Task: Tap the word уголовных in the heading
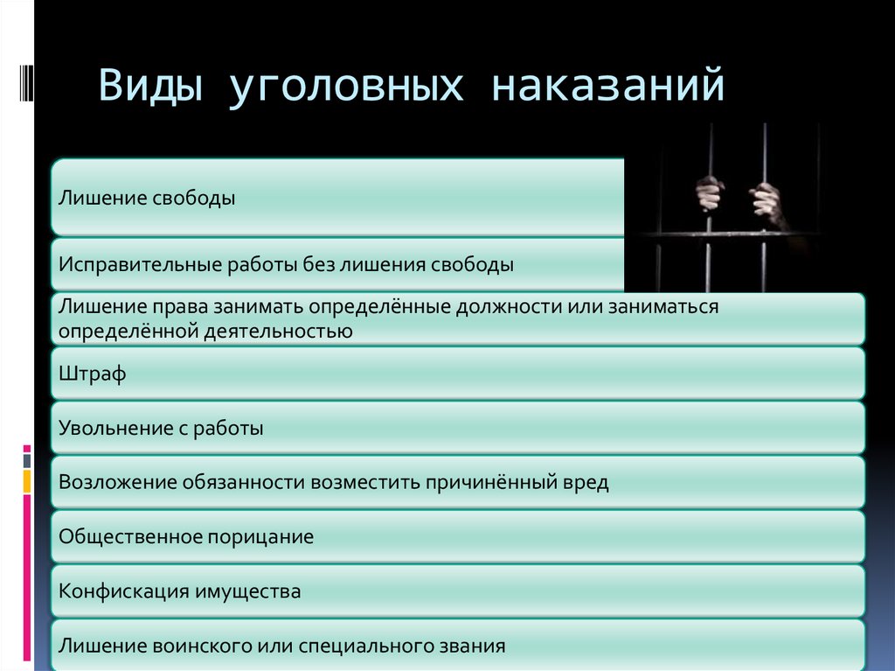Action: (346, 87)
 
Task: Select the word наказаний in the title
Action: (608, 85)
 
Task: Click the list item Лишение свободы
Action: (147, 198)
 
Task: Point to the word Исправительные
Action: (141, 264)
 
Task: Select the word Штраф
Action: (93, 374)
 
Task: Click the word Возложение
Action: (118, 482)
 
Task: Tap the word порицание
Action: (260, 536)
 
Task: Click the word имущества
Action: (247, 591)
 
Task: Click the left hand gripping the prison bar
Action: (710, 193)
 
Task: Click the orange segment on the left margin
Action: (27, 481)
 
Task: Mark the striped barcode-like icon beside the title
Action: (26, 83)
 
